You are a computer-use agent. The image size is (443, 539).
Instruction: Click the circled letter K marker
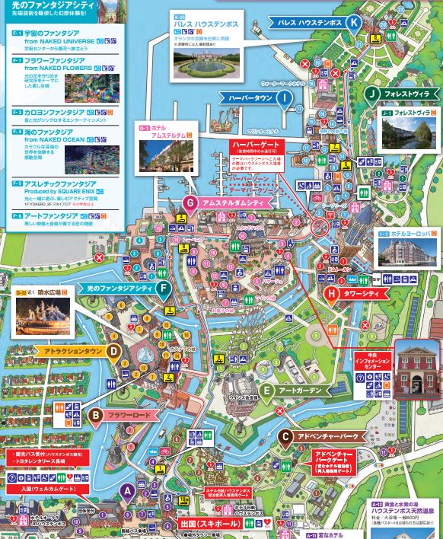[x=353, y=23]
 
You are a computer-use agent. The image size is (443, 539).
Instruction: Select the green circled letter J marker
[x=371, y=94]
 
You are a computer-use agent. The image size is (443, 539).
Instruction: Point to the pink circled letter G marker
[x=190, y=203]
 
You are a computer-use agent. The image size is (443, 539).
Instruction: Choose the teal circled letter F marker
[x=164, y=287]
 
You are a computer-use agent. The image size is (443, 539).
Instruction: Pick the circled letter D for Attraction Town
[x=113, y=351]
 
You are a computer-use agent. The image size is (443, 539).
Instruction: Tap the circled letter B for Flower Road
[x=96, y=415]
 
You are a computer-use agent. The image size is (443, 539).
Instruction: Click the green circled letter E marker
[x=266, y=391]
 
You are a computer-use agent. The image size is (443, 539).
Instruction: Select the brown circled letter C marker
[x=285, y=437]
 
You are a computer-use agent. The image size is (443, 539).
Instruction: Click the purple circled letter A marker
[x=129, y=490]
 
